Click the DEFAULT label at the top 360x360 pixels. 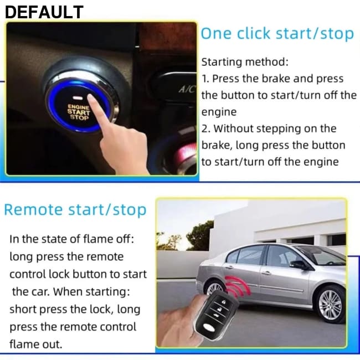point(44,12)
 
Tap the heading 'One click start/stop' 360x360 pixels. point(277,34)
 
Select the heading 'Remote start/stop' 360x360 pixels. point(75,210)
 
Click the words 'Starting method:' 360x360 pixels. point(245,62)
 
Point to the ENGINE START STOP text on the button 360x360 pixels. point(78,112)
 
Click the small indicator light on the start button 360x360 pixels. point(78,98)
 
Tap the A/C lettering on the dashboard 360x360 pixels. point(187,89)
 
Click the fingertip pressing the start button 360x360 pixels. point(91,97)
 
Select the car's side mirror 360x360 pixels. point(299,265)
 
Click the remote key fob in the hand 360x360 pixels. point(215,316)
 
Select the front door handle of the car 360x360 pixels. point(266,273)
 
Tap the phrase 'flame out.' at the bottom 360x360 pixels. point(36,344)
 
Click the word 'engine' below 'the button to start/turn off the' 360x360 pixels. point(219,112)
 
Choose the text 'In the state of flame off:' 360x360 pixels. point(71,239)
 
